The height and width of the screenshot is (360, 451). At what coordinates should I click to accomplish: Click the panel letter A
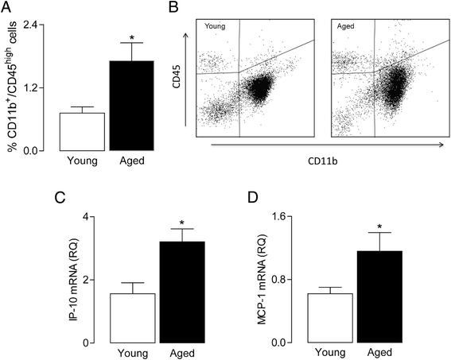coord(6,9)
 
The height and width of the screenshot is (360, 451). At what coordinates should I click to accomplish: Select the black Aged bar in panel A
coord(131,106)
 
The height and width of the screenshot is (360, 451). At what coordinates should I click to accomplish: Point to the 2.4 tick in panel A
coord(34,25)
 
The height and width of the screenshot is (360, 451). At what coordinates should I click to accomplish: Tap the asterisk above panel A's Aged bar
coord(131,36)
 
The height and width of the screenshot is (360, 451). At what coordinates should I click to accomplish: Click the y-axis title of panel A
coord(10,87)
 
